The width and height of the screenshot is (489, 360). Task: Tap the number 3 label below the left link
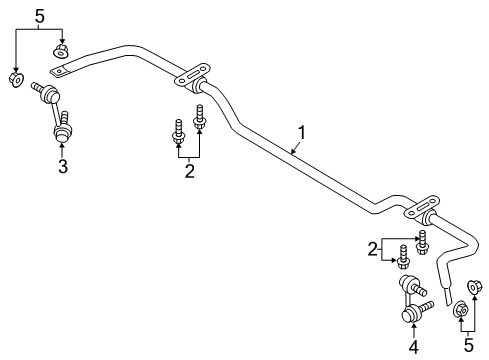click(x=62, y=167)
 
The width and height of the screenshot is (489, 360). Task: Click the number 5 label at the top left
click(x=39, y=16)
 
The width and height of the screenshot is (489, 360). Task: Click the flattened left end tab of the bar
click(x=63, y=70)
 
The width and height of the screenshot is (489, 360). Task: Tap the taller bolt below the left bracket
click(x=199, y=117)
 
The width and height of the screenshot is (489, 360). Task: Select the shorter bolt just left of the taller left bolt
click(x=179, y=129)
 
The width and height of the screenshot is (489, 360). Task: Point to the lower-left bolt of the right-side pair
click(x=402, y=258)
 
